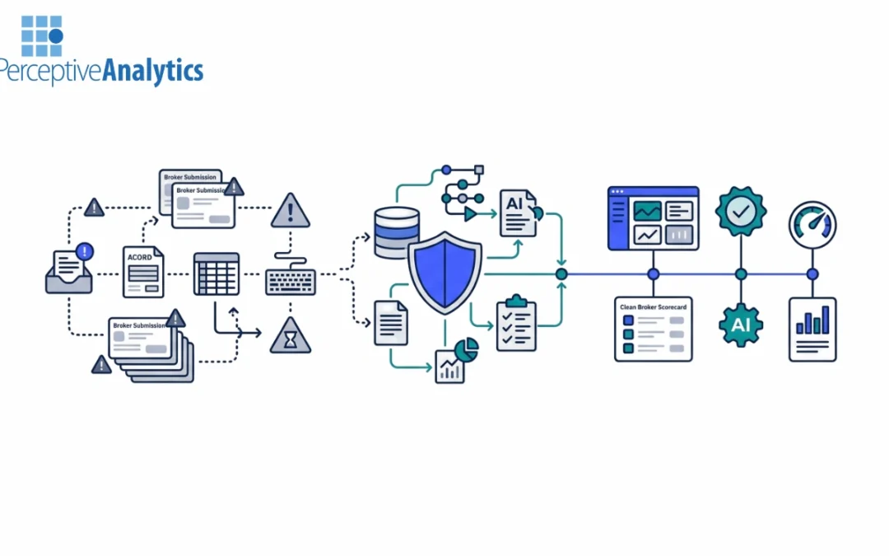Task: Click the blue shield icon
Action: (445, 273)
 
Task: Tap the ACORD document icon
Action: (143, 272)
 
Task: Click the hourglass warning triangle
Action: (291, 336)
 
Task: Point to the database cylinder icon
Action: (396, 232)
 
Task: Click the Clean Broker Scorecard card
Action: (653, 329)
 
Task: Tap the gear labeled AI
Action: (741, 325)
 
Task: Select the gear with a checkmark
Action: (741, 212)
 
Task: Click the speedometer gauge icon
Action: (812, 225)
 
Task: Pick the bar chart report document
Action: (812, 329)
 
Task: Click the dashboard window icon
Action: (653, 218)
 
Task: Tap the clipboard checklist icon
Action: (516, 324)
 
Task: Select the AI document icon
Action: (519, 213)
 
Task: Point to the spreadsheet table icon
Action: (216, 274)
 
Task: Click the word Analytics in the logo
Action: (152, 71)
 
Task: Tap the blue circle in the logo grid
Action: (56, 36)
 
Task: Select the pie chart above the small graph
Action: (466, 350)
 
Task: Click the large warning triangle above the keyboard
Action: (291, 211)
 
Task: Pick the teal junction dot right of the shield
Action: (561, 274)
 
